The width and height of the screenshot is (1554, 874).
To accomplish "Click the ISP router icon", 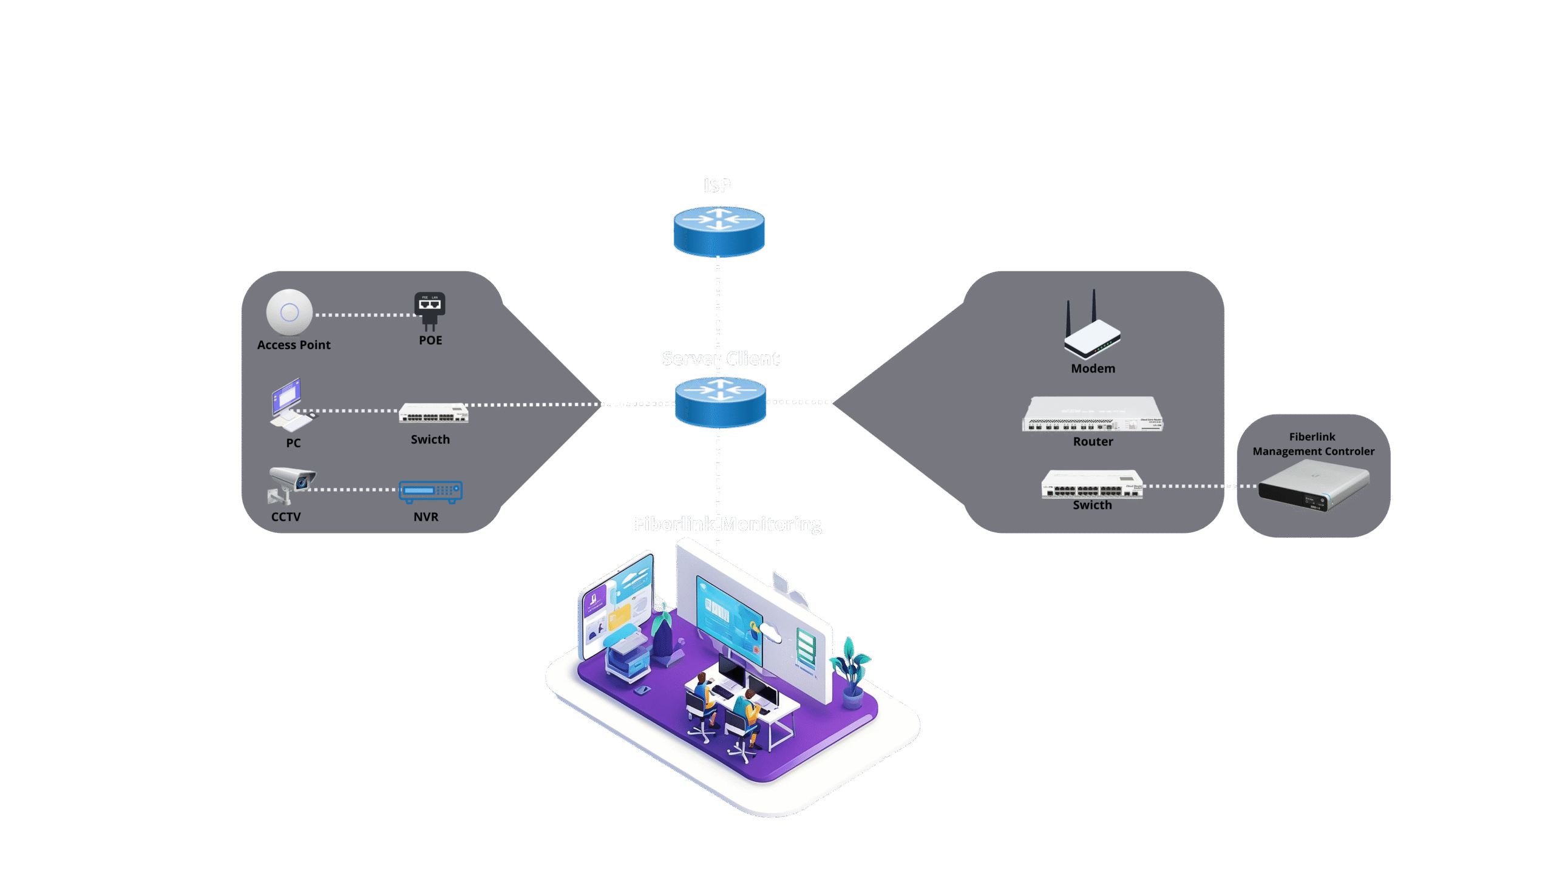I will [x=719, y=231].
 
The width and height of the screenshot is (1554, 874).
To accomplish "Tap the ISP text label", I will [x=717, y=185].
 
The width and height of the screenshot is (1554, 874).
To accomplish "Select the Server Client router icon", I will [x=721, y=402].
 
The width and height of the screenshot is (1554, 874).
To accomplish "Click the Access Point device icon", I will [x=290, y=312].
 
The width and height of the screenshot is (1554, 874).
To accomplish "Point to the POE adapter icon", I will [x=430, y=310].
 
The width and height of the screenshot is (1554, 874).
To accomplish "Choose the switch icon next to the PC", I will [x=433, y=413].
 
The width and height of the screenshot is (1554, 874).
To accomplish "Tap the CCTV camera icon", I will [x=290, y=484].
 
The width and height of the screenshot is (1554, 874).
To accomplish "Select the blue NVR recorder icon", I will [x=430, y=491].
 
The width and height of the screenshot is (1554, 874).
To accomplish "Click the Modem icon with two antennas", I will [x=1091, y=328].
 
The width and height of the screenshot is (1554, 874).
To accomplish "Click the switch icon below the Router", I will [x=1092, y=485].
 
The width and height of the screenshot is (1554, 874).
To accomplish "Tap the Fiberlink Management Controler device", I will [x=1314, y=485].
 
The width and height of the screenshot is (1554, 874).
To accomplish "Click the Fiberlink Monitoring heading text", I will [x=728, y=524].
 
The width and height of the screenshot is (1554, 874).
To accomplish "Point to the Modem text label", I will [x=1093, y=368].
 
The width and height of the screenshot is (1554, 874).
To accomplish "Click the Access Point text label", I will [x=294, y=345].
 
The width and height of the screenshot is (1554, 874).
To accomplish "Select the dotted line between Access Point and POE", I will [x=364, y=315].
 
